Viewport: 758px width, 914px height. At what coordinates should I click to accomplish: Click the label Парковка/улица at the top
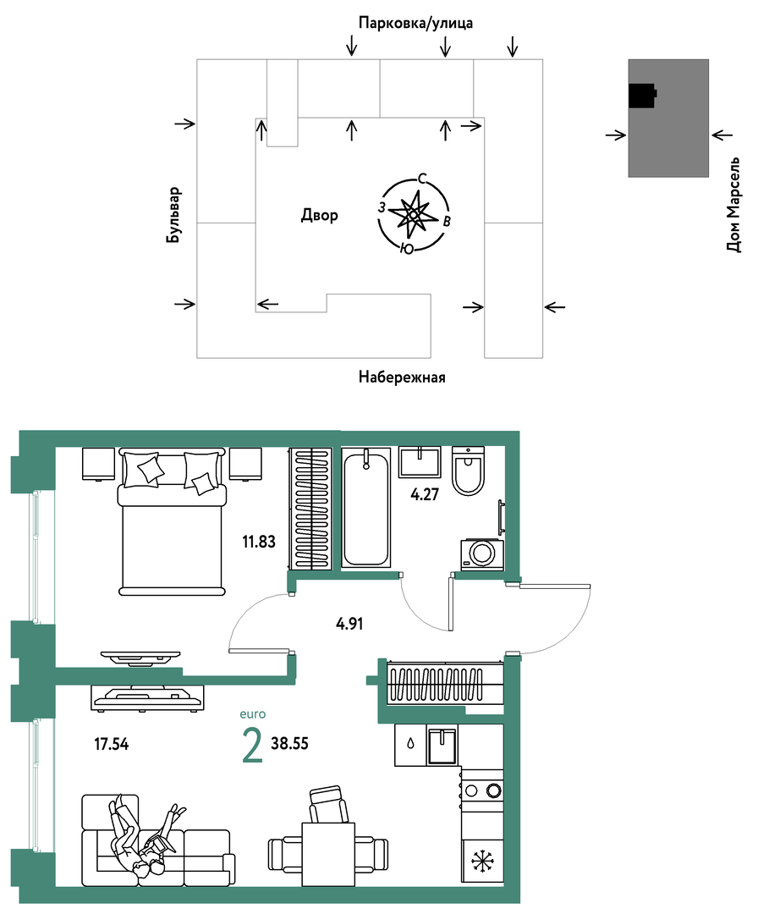415,24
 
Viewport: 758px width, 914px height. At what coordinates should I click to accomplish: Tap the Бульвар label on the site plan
173,214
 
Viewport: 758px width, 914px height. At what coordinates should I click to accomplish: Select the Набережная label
402,377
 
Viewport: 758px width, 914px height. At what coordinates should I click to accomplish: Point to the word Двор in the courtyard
319,216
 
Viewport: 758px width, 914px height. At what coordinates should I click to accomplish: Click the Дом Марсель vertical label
734,204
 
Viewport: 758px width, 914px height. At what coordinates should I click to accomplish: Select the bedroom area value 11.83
259,542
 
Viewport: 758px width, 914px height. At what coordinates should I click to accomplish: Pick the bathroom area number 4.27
424,494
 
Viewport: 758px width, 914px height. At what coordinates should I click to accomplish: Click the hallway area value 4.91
349,624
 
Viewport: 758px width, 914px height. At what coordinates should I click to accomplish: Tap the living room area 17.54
112,744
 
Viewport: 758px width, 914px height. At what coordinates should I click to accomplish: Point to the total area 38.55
289,744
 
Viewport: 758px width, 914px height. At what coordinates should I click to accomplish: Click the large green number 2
252,746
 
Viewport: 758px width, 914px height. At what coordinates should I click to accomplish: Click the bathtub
365,507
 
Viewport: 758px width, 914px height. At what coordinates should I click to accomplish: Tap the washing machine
482,554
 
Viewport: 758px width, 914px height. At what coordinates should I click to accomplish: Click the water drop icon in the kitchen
411,744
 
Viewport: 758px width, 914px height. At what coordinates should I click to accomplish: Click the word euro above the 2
253,714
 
